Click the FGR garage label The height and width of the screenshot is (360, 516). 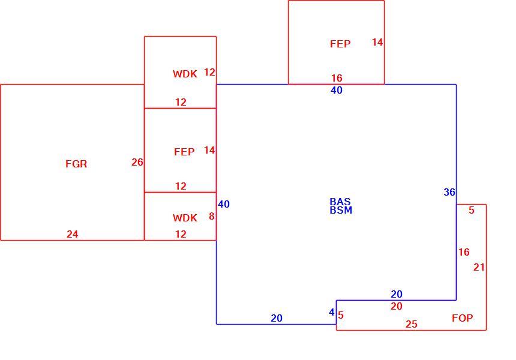pos(76,164)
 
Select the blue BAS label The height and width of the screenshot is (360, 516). pos(340,202)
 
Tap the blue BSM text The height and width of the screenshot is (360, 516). pos(341,210)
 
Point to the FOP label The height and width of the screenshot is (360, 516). pos(463,318)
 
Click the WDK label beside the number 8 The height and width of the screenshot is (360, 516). pos(185,218)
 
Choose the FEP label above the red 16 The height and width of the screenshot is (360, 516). pos(340,44)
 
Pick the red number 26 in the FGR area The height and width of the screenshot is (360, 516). pos(137,162)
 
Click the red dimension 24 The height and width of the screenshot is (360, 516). pos(73,234)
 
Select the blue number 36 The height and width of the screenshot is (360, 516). pos(449,192)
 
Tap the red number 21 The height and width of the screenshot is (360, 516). pos(479,267)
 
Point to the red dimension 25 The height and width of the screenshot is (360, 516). pos(412,325)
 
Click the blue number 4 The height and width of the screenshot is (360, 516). pos(332,312)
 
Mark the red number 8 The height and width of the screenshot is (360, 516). pos(212,216)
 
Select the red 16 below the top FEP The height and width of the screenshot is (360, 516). pos(337,78)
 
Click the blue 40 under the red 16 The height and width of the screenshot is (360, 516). pos(337,90)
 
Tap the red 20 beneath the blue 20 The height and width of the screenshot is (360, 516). pos(397,307)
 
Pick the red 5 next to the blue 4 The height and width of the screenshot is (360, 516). pos(341,315)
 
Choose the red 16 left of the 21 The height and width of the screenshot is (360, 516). pos(464,252)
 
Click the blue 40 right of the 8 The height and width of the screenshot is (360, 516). pos(224,205)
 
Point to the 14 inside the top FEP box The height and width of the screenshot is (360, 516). pos(377,42)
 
